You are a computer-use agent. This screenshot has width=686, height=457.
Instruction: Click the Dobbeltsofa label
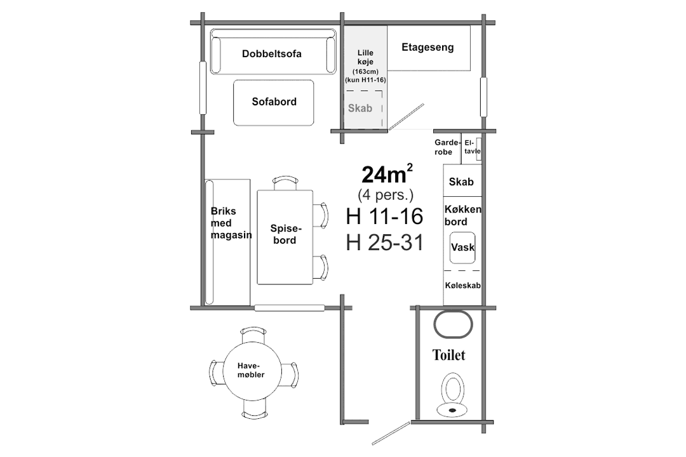[x=272, y=54]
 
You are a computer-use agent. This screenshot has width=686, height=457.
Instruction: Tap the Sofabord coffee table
[x=273, y=103]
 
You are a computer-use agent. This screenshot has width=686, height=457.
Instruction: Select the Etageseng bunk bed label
[x=427, y=47]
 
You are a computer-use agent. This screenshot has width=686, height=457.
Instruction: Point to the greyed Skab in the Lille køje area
[x=360, y=108]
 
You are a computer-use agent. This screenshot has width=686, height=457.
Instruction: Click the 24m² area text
[x=387, y=174]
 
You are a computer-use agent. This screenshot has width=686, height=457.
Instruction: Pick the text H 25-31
[x=385, y=242]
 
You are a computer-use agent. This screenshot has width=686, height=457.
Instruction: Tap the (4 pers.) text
[x=386, y=195]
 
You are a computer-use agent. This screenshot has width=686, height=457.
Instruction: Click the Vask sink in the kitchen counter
[x=462, y=248]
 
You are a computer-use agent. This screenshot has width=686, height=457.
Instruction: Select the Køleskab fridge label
[x=463, y=286]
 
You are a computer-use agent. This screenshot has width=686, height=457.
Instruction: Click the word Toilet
[x=449, y=355]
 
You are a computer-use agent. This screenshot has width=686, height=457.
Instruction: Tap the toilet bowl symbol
[x=453, y=394]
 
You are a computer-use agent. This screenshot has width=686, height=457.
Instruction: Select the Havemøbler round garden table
[x=252, y=371]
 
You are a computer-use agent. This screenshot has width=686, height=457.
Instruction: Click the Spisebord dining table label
[x=285, y=234]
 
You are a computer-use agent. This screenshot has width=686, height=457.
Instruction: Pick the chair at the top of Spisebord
[x=285, y=183]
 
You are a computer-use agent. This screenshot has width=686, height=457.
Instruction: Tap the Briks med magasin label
[x=231, y=223]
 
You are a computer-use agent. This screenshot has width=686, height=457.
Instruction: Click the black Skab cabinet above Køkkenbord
[x=462, y=181]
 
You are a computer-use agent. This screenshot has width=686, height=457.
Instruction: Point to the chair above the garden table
[x=253, y=335]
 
